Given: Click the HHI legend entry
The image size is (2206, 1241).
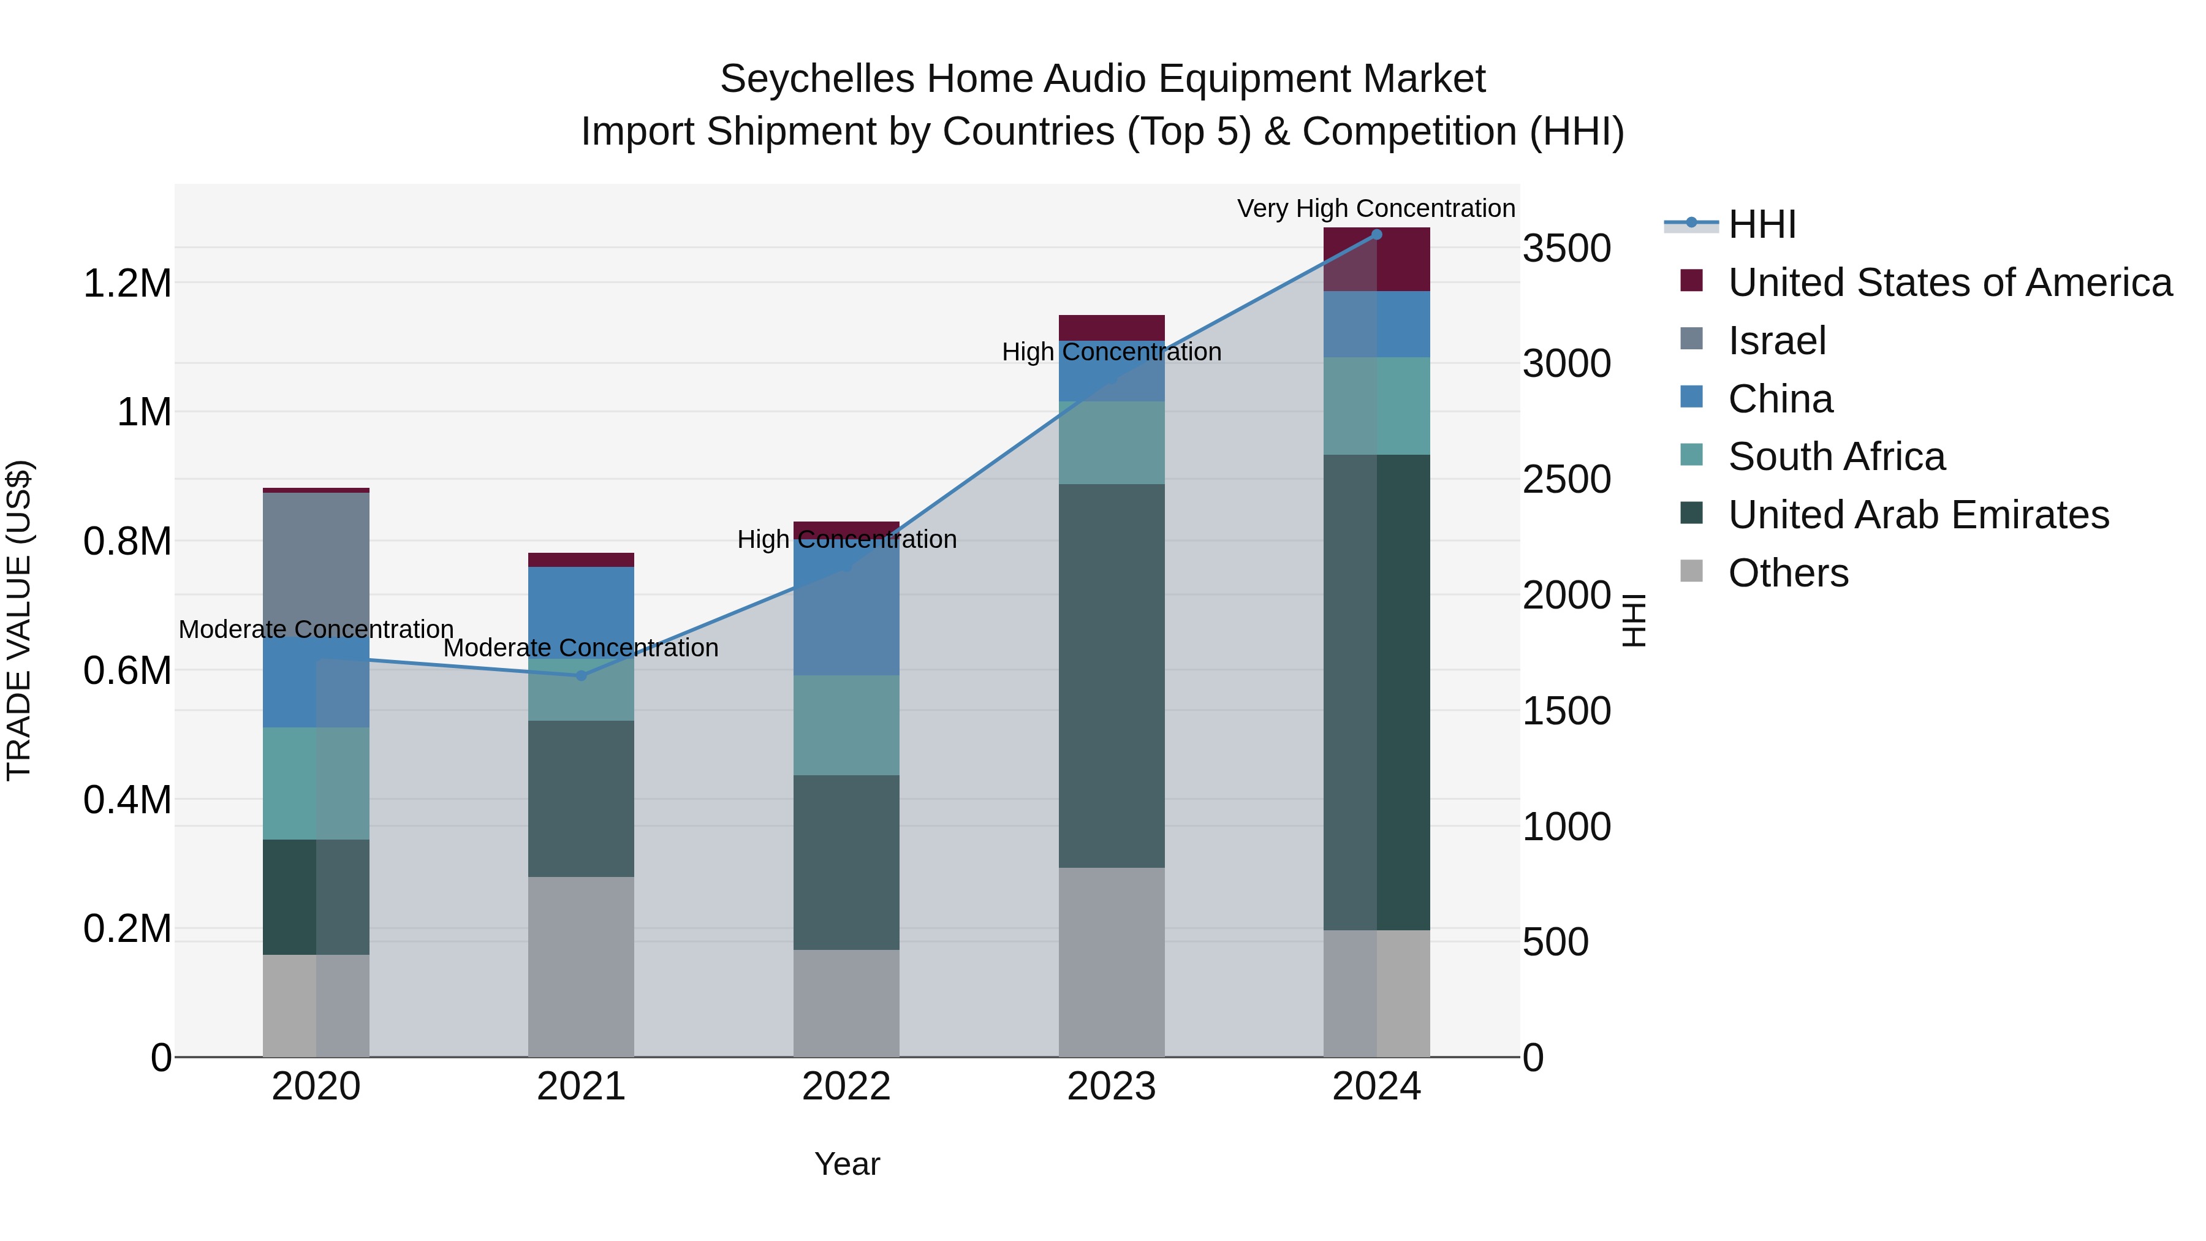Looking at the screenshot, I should [x=1762, y=224].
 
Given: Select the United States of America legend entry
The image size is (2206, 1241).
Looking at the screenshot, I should [x=1949, y=283].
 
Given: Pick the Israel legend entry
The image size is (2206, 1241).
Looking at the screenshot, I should [x=1777, y=341].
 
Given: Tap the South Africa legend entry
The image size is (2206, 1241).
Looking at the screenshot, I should [x=1836, y=457].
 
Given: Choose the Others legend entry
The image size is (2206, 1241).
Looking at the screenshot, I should [x=1788, y=573].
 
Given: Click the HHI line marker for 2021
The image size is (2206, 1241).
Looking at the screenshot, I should [x=581, y=676].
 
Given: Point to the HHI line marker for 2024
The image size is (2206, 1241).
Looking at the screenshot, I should [x=1376, y=235].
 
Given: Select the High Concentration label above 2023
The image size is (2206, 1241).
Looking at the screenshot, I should [x=1111, y=352].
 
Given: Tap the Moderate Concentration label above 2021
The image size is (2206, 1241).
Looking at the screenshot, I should [x=581, y=648].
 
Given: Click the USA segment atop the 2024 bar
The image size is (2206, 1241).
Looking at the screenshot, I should [x=1376, y=259].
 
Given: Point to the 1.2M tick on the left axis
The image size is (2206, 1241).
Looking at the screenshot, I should [x=127, y=284].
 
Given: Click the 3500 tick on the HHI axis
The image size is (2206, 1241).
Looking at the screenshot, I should [x=1566, y=249].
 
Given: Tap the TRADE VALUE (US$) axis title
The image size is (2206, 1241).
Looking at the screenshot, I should [x=19, y=620].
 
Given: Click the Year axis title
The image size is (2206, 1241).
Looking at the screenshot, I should [x=846, y=1164].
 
